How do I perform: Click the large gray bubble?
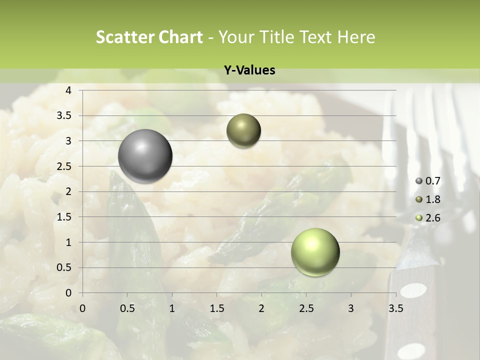tap(145, 156)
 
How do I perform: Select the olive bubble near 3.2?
tap(243, 131)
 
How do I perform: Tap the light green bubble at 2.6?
tap(315, 252)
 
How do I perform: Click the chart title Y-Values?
tap(249, 70)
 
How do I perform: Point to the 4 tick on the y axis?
tap(68, 90)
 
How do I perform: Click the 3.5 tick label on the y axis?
tap(63, 116)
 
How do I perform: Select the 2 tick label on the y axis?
tap(68, 191)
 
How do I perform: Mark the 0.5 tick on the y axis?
tap(63, 267)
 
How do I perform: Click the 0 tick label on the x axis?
tap(82, 308)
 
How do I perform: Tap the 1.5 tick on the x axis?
tap(217, 308)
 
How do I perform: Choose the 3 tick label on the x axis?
tap(351, 308)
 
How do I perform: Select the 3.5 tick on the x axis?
tap(395, 308)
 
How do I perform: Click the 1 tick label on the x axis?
tap(172, 308)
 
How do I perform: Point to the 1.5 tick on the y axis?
tap(63, 217)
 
